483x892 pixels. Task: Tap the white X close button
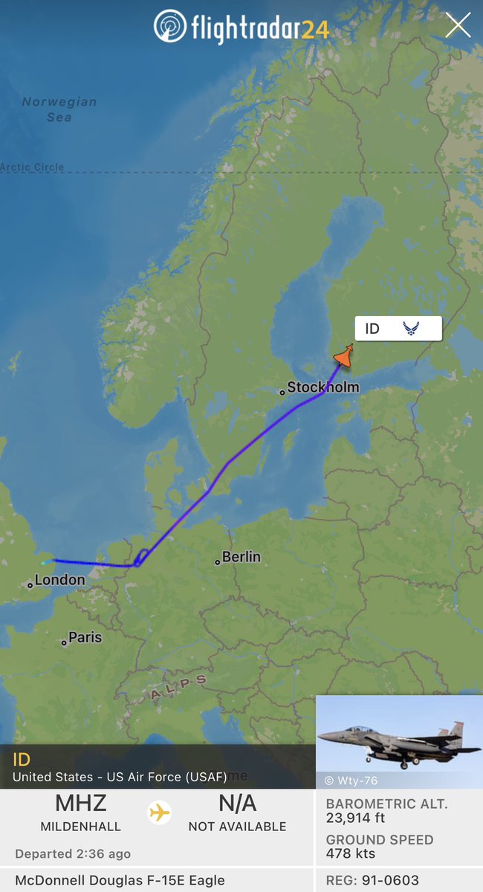click(458, 25)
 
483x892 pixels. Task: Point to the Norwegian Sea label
click(59, 109)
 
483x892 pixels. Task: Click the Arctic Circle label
click(33, 167)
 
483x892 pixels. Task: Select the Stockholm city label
click(322, 387)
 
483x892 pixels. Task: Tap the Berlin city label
click(241, 557)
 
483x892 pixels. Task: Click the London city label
click(59, 580)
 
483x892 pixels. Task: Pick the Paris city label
click(85, 638)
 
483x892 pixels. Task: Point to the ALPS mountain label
click(179, 688)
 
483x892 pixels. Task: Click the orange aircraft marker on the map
click(343, 356)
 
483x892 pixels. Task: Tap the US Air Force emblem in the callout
click(411, 329)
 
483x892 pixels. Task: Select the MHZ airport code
click(81, 804)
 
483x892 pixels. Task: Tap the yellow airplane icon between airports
click(159, 812)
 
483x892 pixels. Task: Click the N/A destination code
click(237, 804)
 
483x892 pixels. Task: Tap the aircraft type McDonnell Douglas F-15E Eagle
click(120, 881)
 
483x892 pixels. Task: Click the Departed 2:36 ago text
click(73, 853)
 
